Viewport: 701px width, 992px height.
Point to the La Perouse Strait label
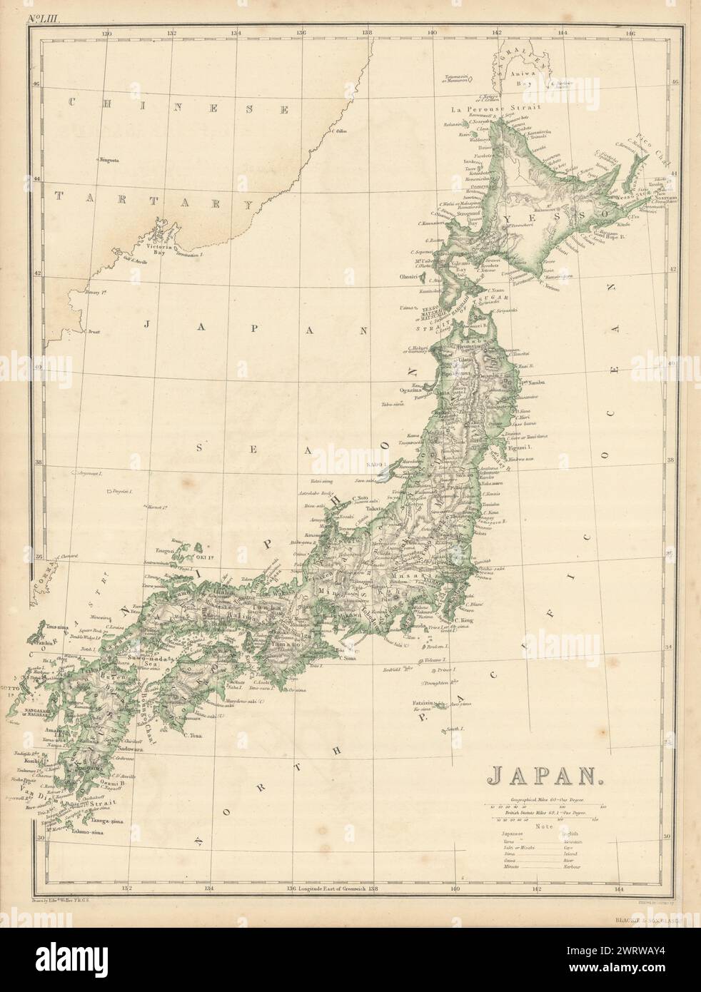486,109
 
